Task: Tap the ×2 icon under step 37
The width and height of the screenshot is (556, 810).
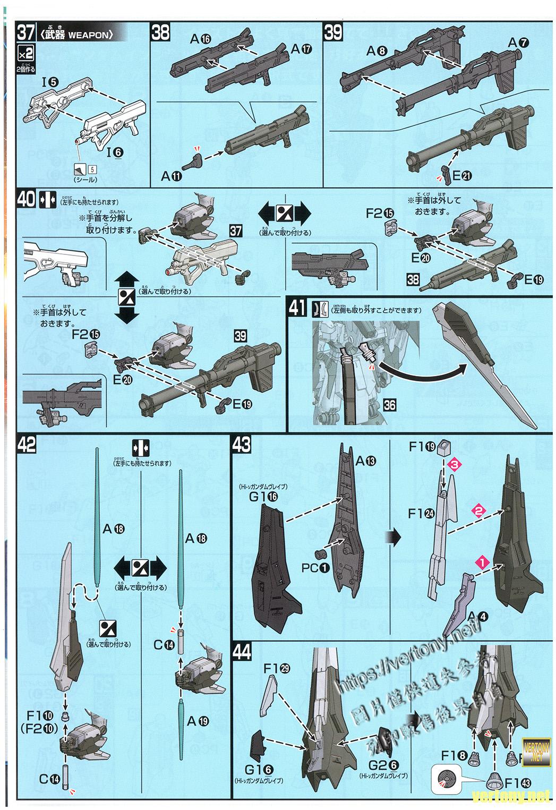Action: pos(25,54)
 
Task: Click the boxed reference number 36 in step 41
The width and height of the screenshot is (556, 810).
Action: pos(389,405)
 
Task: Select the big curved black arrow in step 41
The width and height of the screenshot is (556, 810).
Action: pos(425,375)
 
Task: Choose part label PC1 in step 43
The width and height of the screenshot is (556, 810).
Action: pos(315,568)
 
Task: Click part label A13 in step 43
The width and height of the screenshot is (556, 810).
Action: pos(363,461)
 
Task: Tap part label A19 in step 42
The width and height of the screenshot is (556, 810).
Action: pos(196,721)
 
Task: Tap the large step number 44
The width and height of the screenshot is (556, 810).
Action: pos(243,652)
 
